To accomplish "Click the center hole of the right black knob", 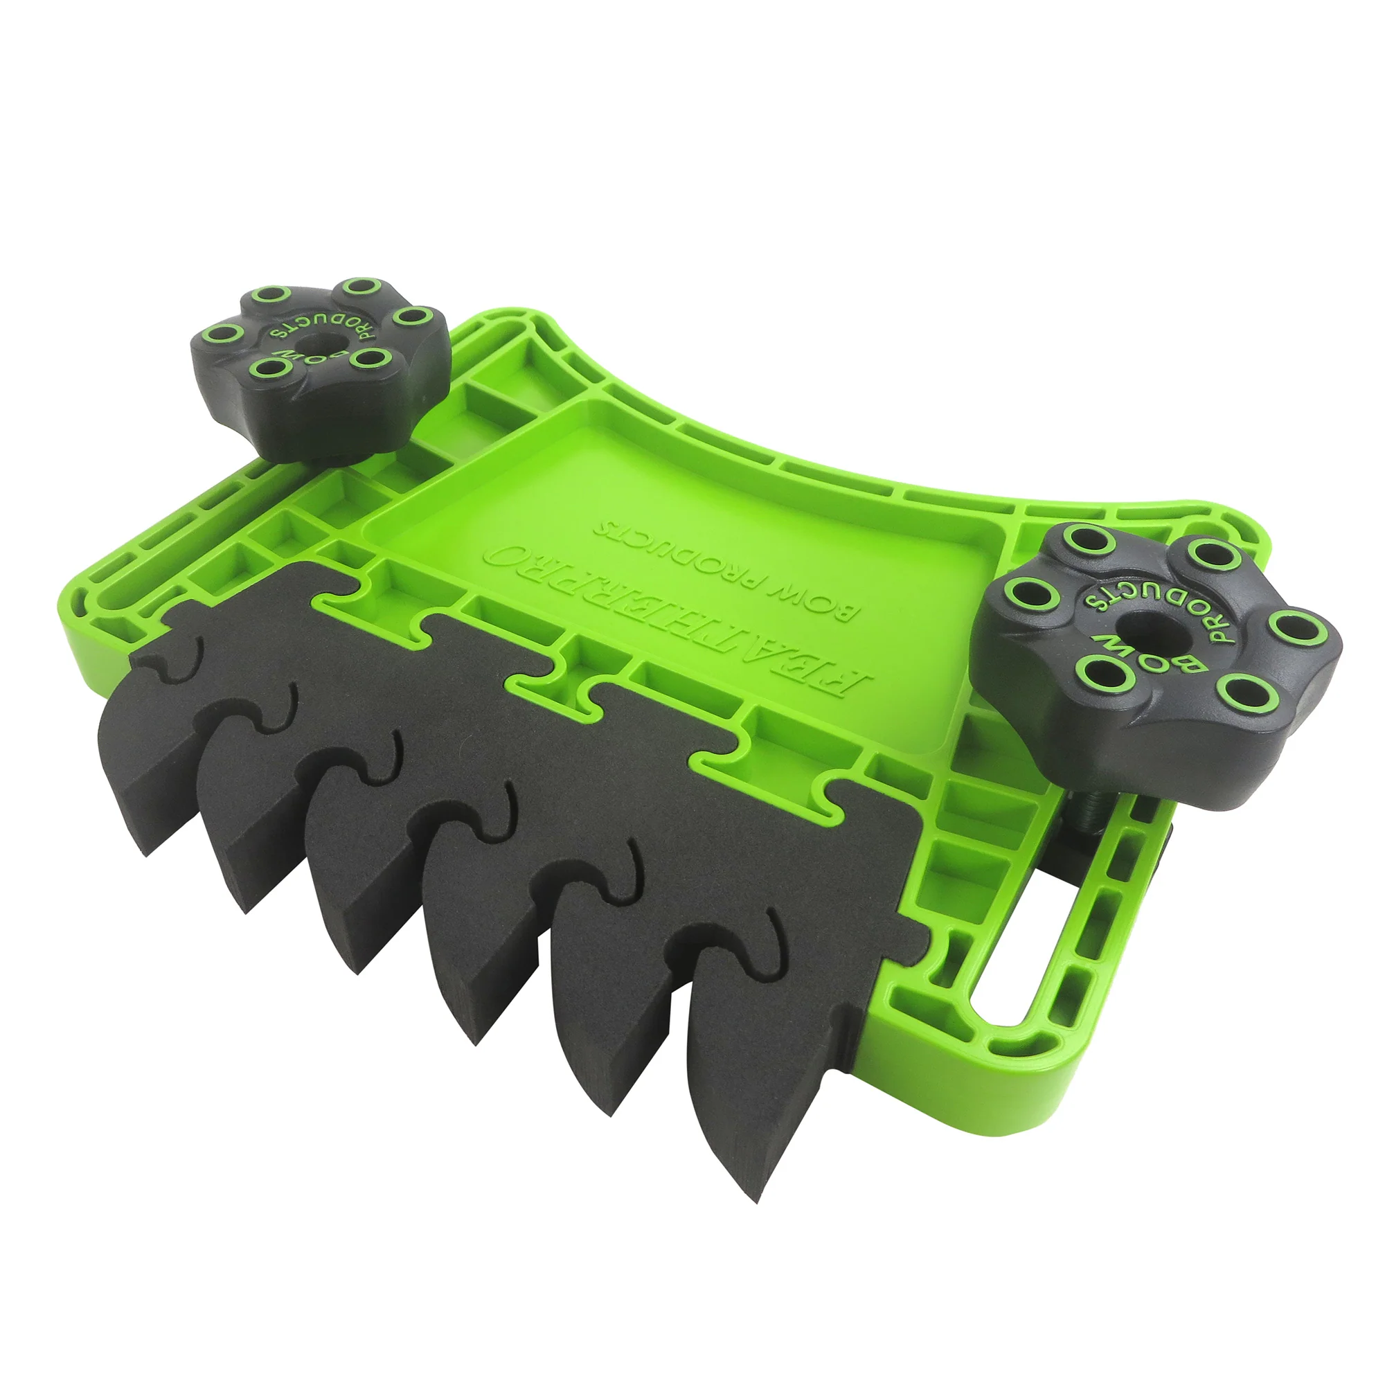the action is pyautogui.click(x=1143, y=625).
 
